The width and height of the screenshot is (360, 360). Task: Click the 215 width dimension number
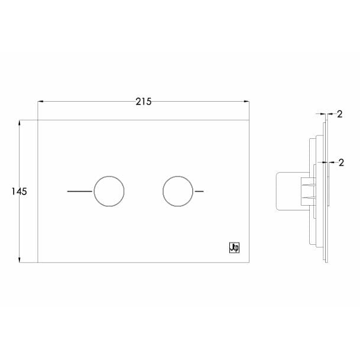point(143,101)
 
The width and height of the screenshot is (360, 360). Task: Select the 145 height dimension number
point(20,192)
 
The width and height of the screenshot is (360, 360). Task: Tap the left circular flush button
point(109,192)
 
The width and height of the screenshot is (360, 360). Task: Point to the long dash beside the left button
point(80,192)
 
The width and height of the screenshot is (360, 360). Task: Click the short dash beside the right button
point(199,192)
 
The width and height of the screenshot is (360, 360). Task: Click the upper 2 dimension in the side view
point(339,115)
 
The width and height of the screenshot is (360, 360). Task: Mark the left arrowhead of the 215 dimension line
point(41,102)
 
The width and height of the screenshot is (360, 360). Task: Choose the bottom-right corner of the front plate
point(249,262)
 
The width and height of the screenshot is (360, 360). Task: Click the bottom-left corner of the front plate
point(38,262)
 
